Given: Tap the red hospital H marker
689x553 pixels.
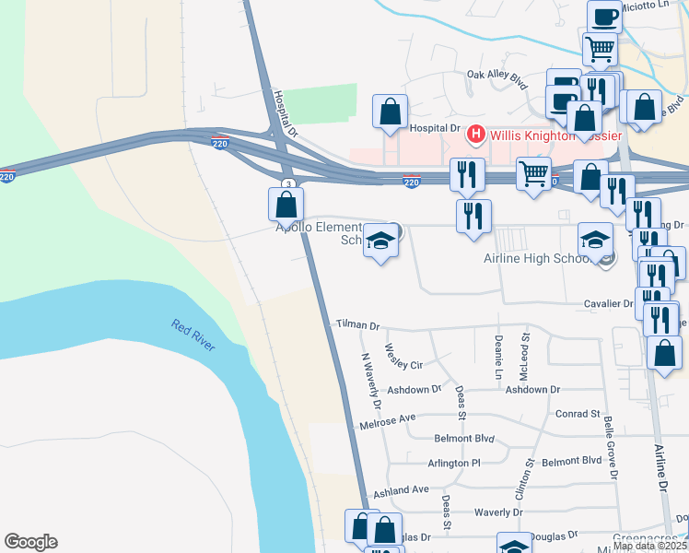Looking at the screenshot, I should click(476, 135).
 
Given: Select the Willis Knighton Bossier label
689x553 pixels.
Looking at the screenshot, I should click(552, 135).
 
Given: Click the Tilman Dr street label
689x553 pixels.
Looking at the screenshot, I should click(357, 325).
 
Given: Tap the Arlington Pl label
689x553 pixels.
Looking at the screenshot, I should click(454, 463).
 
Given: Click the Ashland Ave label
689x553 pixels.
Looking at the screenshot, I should click(402, 489).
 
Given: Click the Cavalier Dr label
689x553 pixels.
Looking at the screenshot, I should click(608, 303).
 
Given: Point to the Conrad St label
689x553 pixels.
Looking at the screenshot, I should click(578, 414).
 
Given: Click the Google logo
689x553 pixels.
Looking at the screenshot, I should click(30, 542).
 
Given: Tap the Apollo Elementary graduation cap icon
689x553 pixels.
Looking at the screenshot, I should click(380, 241).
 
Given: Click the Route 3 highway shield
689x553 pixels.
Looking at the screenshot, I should click(289, 184).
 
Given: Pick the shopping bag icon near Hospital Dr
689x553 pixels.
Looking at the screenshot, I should click(391, 112).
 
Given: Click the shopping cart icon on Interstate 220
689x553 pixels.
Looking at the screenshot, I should click(533, 172).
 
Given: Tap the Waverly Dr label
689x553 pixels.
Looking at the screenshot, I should click(498, 512).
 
